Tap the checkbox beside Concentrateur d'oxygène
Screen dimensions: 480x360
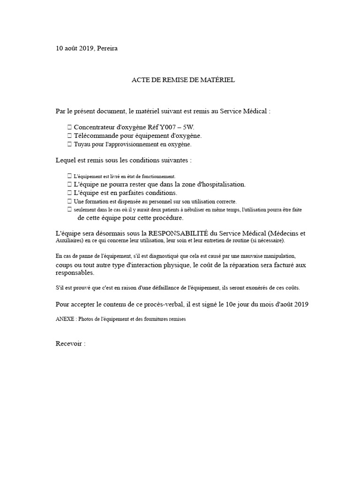[69, 127]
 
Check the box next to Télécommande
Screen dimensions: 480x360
[69, 136]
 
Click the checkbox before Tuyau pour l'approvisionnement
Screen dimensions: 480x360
[69, 144]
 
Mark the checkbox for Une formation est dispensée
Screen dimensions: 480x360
[69, 201]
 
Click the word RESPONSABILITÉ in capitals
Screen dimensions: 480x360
[178, 233]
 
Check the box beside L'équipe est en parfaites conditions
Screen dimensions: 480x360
[69, 193]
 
